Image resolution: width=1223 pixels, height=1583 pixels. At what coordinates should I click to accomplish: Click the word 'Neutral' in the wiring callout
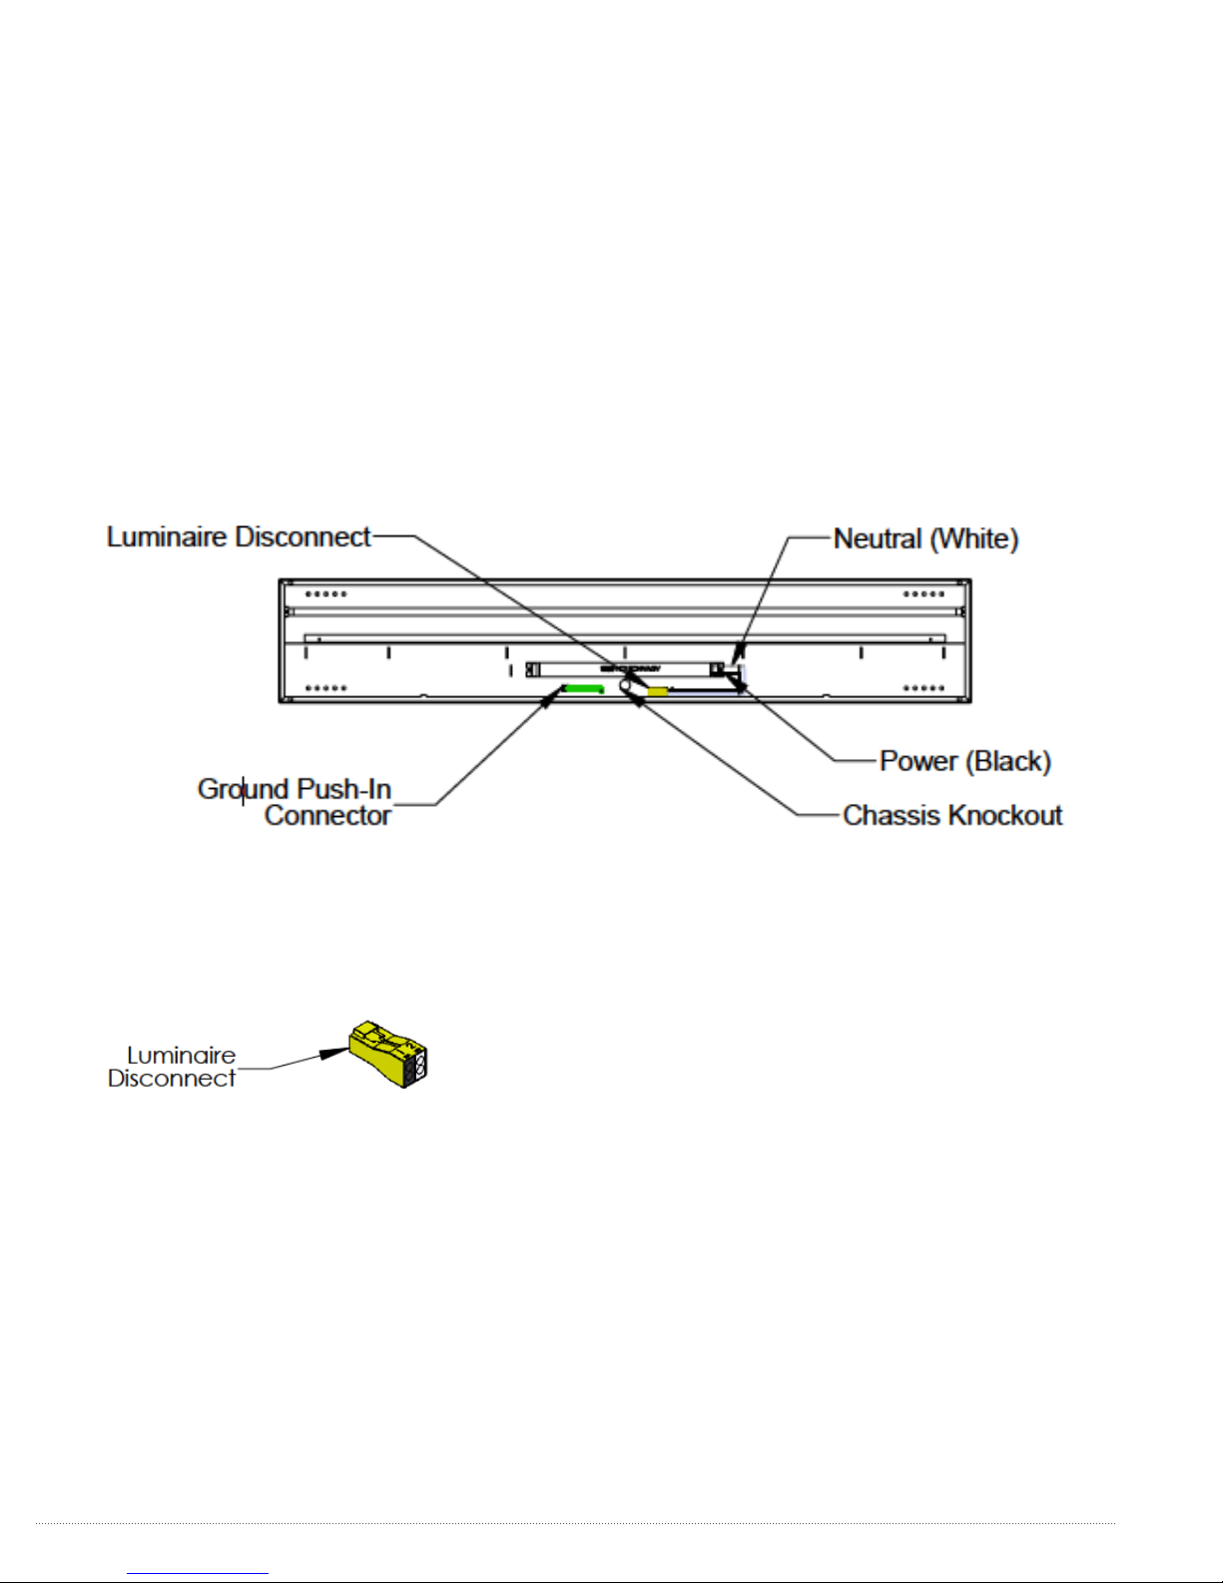tap(878, 539)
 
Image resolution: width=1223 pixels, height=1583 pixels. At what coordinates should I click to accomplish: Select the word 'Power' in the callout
tap(917, 761)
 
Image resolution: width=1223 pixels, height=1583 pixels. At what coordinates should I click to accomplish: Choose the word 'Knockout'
tap(1004, 815)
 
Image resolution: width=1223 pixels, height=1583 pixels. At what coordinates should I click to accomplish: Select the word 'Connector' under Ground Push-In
tap(327, 815)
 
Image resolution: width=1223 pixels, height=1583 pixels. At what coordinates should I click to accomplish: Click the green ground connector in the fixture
tap(584, 688)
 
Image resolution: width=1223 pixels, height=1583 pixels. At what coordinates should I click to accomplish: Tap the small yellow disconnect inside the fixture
tap(658, 690)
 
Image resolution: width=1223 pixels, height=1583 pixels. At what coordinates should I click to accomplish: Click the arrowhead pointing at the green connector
tap(548, 699)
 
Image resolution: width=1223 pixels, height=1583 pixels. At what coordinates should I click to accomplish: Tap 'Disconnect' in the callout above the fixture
tap(304, 537)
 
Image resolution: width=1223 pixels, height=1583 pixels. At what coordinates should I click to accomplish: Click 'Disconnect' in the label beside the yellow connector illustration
tap(172, 1079)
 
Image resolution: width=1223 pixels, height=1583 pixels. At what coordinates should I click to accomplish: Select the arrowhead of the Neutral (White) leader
tap(737, 654)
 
